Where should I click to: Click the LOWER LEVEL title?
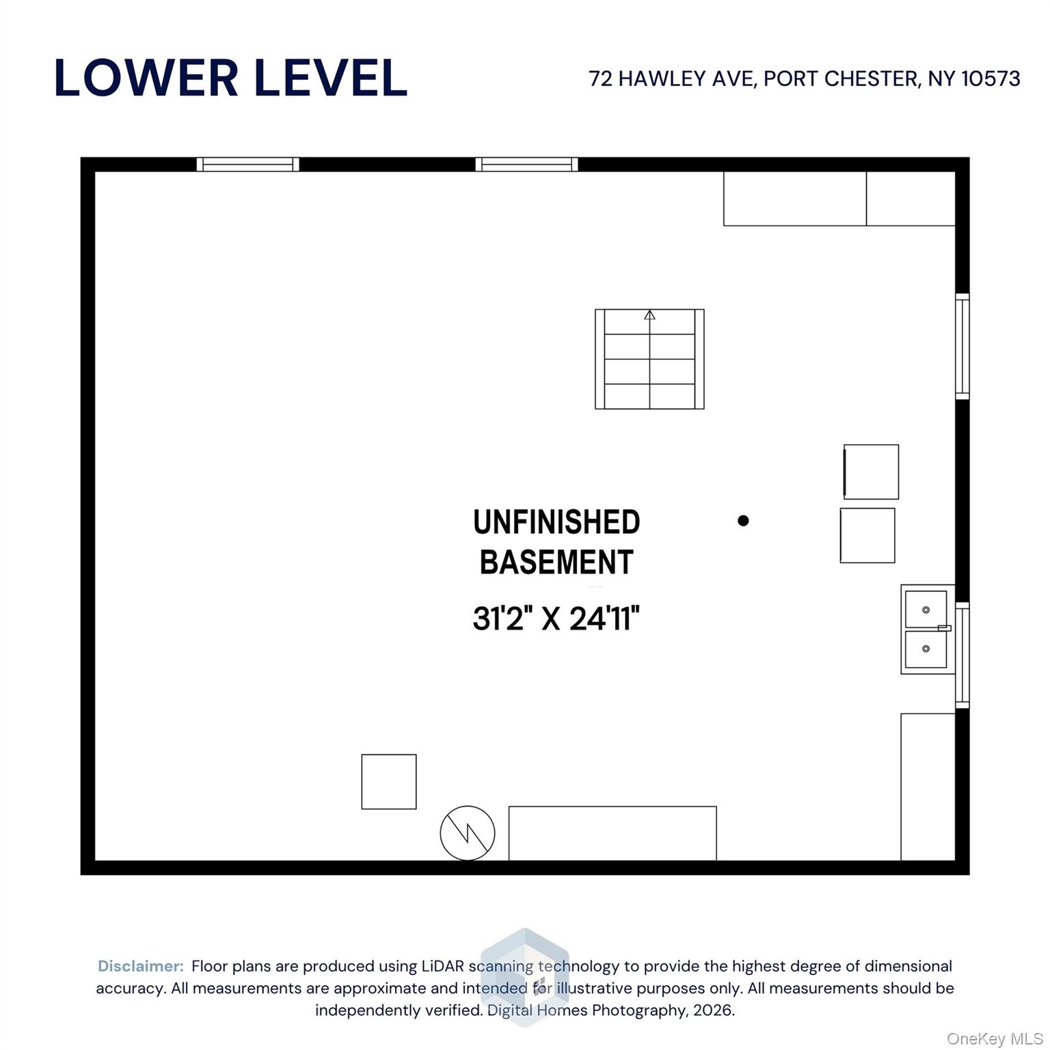click(230, 77)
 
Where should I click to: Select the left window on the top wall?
click(247, 164)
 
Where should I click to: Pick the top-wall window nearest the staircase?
click(526, 164)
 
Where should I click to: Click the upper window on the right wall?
click(962, 346)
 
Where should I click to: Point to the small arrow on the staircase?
click(649, 315)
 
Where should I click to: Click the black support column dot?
click(743, 521)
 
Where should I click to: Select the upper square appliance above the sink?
click(871, 472)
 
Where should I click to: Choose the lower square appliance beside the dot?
click(867, 535)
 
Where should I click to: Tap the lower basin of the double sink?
click(926, 649)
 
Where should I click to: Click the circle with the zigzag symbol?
click(467, 833)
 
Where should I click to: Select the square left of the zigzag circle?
click(388, 781)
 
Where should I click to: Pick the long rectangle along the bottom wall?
click(612, 833)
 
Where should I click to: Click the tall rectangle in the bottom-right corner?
click(928, 786)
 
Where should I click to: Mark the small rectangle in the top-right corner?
click(911, 198)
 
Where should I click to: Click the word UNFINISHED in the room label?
click(556, 522)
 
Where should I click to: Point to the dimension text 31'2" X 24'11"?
click(556, 619)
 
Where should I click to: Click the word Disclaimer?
click(141, 966)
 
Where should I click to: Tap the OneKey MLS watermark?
click(994, 1039)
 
